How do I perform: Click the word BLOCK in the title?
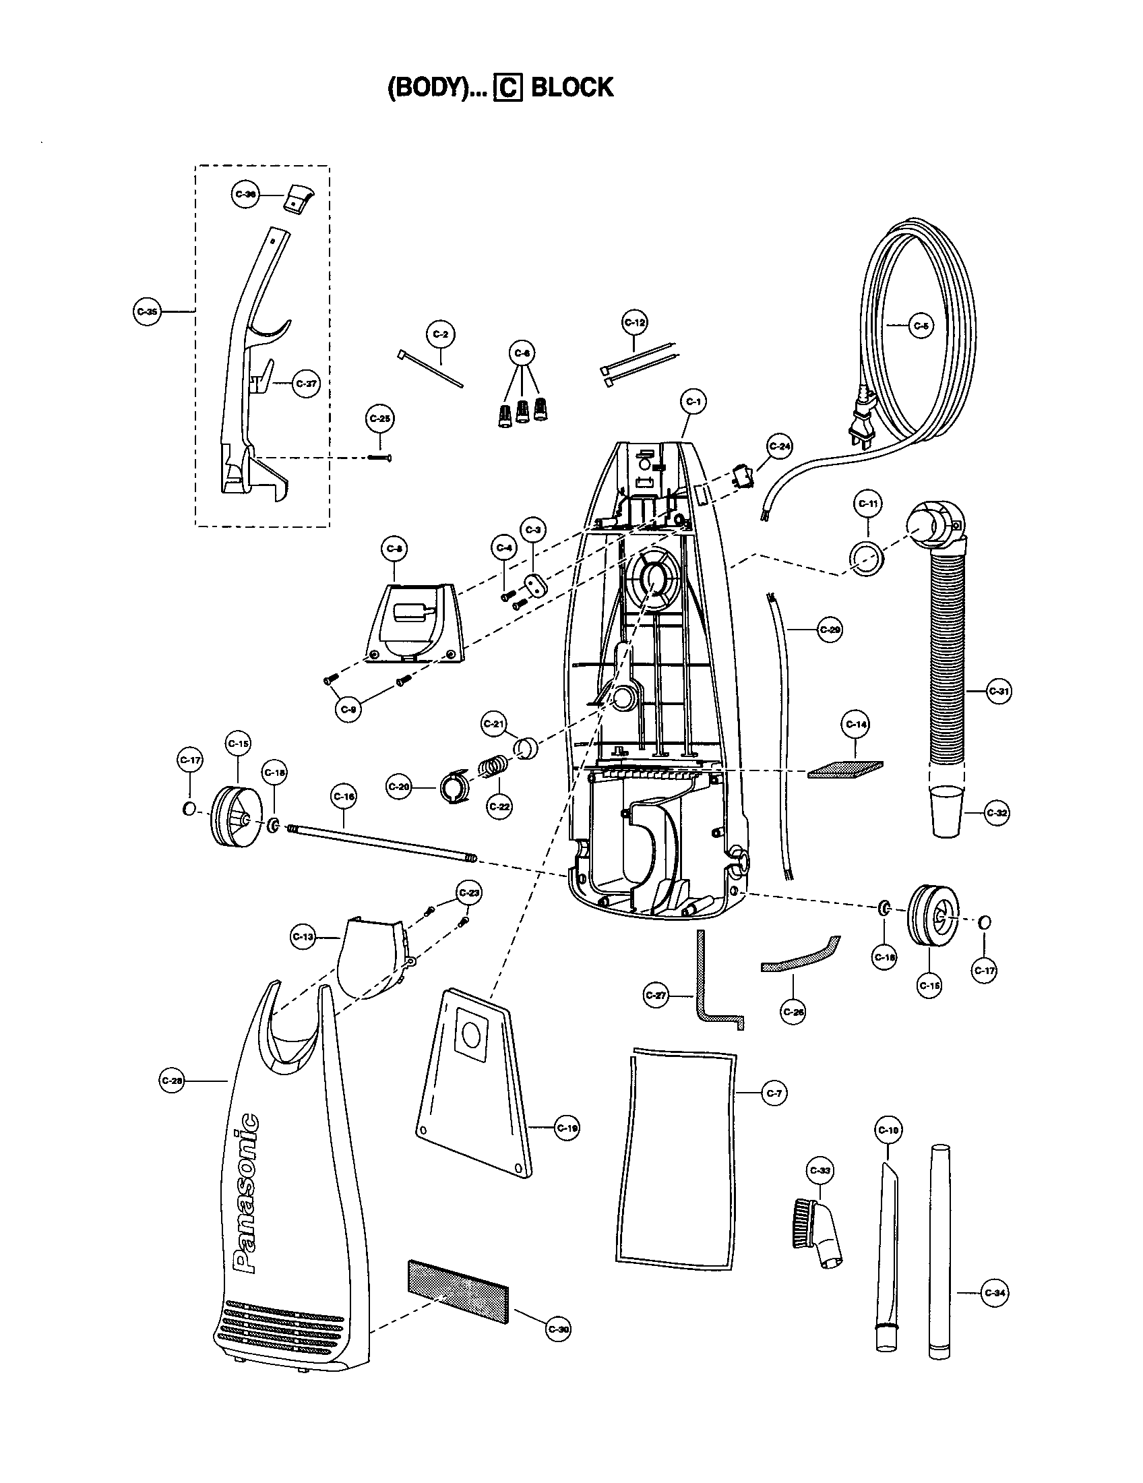(571, 88)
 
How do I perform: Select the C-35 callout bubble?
(147, 311)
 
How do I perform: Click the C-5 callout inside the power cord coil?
(921, 326)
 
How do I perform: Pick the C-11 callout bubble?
(868, 504)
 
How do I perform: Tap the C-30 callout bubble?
(558, 1329)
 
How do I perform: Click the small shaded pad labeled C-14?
(846, 769)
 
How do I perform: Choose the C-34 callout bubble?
(995, 1293)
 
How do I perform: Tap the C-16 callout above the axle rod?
(344, 796)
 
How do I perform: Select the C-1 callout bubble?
(693, 402)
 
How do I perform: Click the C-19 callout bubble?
(567, 1128)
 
